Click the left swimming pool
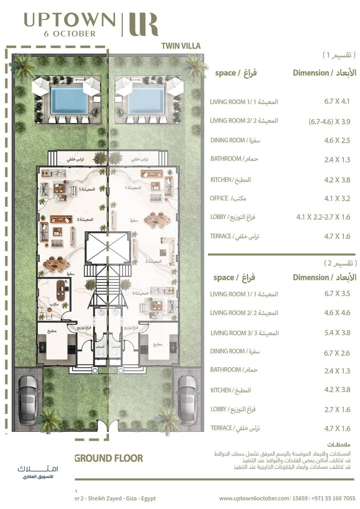click(x=69, y=100)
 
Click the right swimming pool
click(x=146, y=100)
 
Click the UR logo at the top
click(x=143, y=25)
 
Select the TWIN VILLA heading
click(x=180, y=46)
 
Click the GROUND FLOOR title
click(x=108, y=459)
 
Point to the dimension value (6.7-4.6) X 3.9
click(x=330, y=122)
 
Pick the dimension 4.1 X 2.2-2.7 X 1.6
click(x=323, y=217)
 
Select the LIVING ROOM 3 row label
click(x=228, y=333)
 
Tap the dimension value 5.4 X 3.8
click(x=337, y=333)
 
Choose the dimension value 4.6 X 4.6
click(x=337, y=313)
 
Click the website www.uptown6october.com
click(x=254, y=498)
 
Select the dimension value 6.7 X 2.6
click(x=337, y=353)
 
